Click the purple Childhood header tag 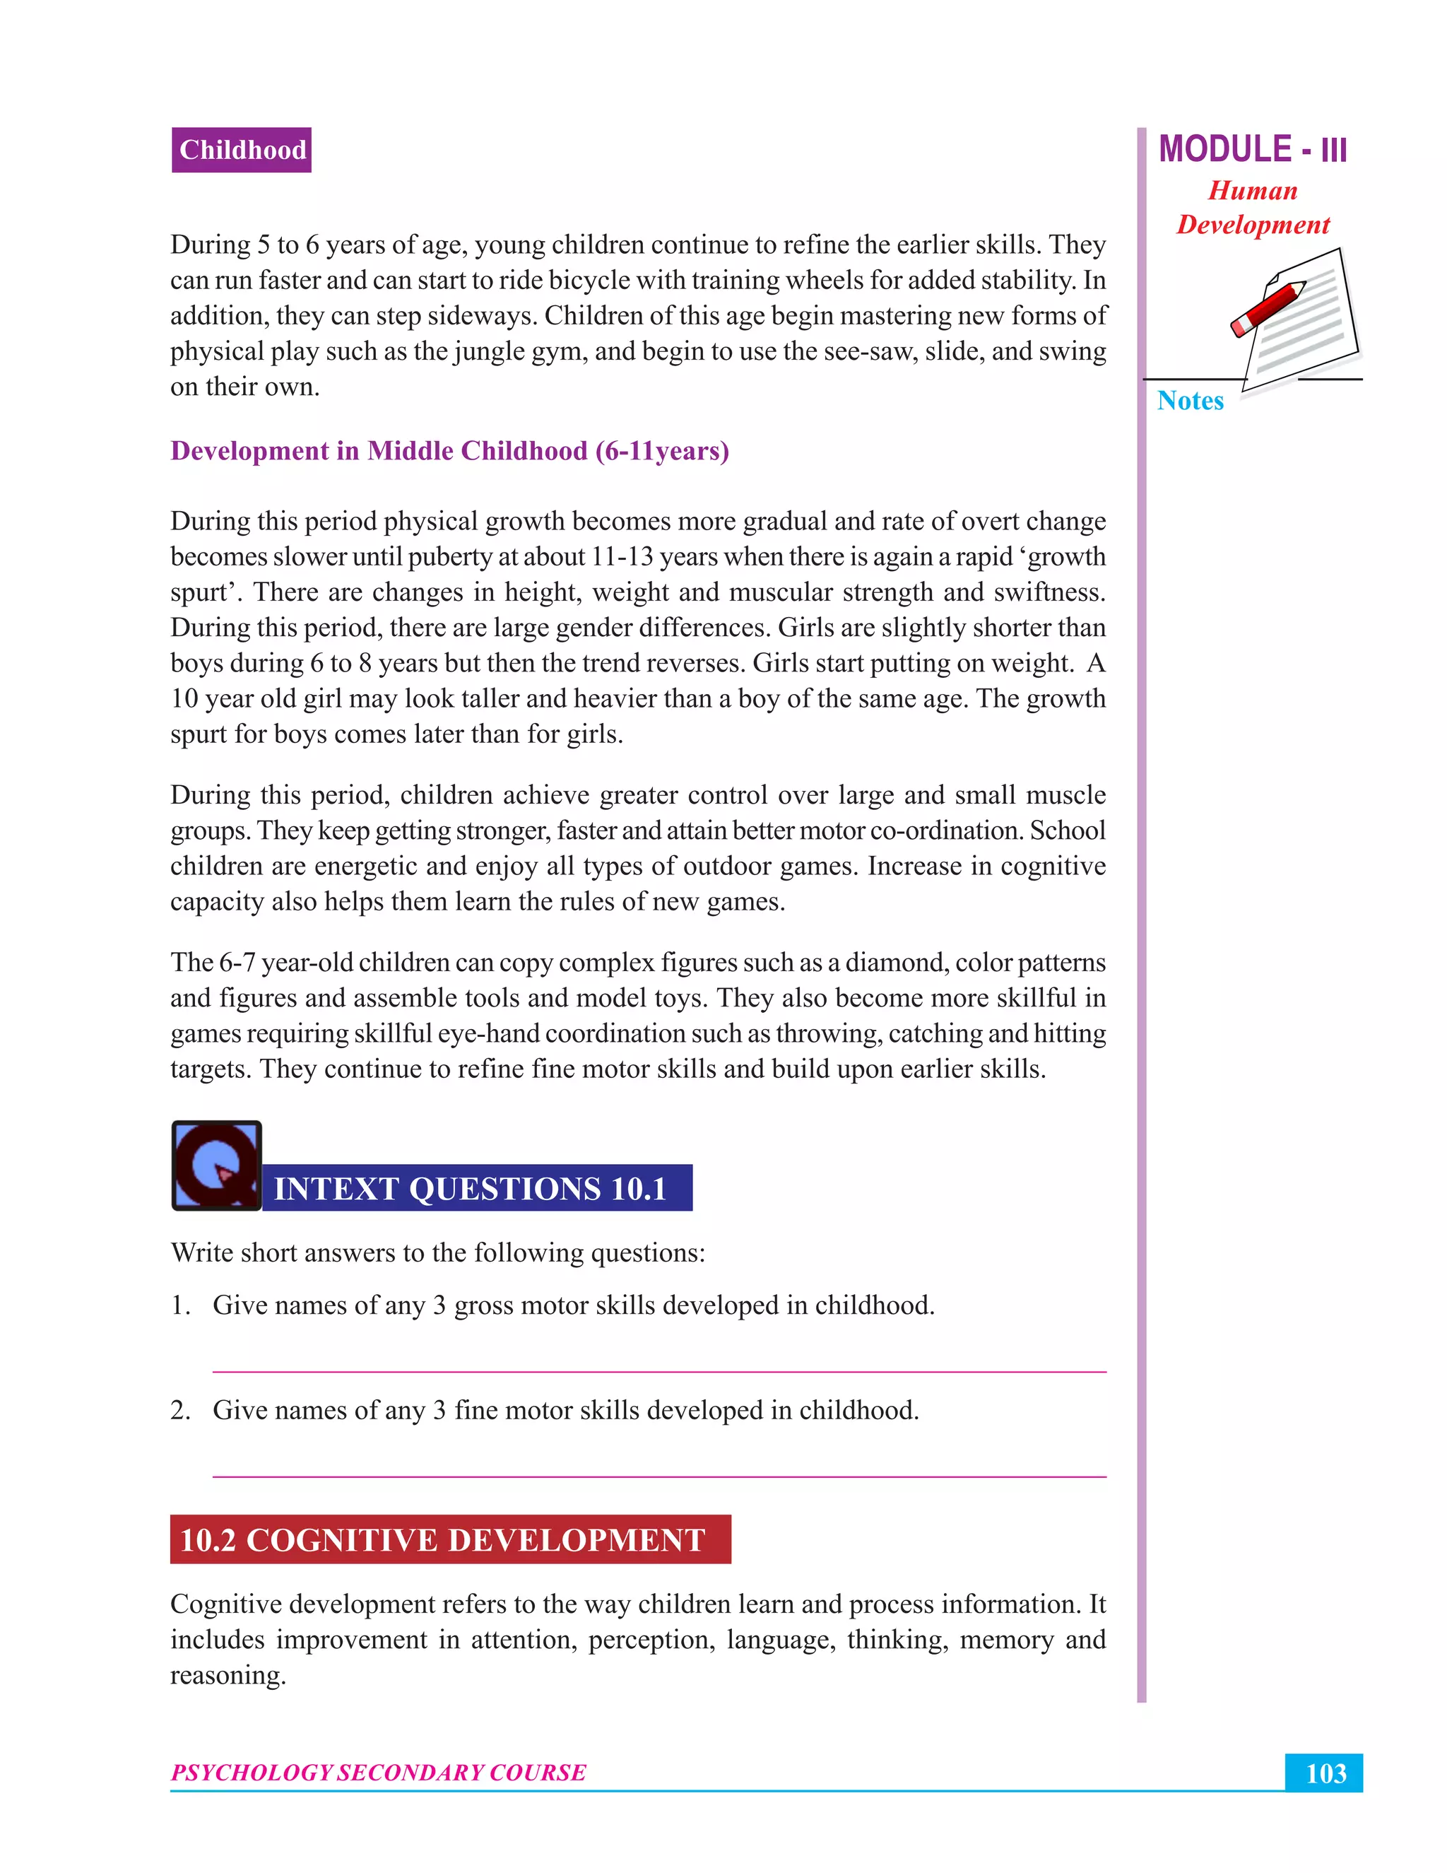(x=241, y=150)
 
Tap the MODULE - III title (x=1251, y=149)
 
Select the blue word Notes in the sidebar (x=1190, y=401)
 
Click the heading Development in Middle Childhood (x=449, y=451)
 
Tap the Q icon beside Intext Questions (x=216, y=1165)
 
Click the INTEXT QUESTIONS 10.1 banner (x=476, y=1188)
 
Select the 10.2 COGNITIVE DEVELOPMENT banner (x=449, y=1539)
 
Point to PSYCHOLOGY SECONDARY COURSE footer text (x=378, y=1773)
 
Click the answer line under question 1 (x=658, y=1371)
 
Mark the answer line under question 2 (x=658, y=1476)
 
